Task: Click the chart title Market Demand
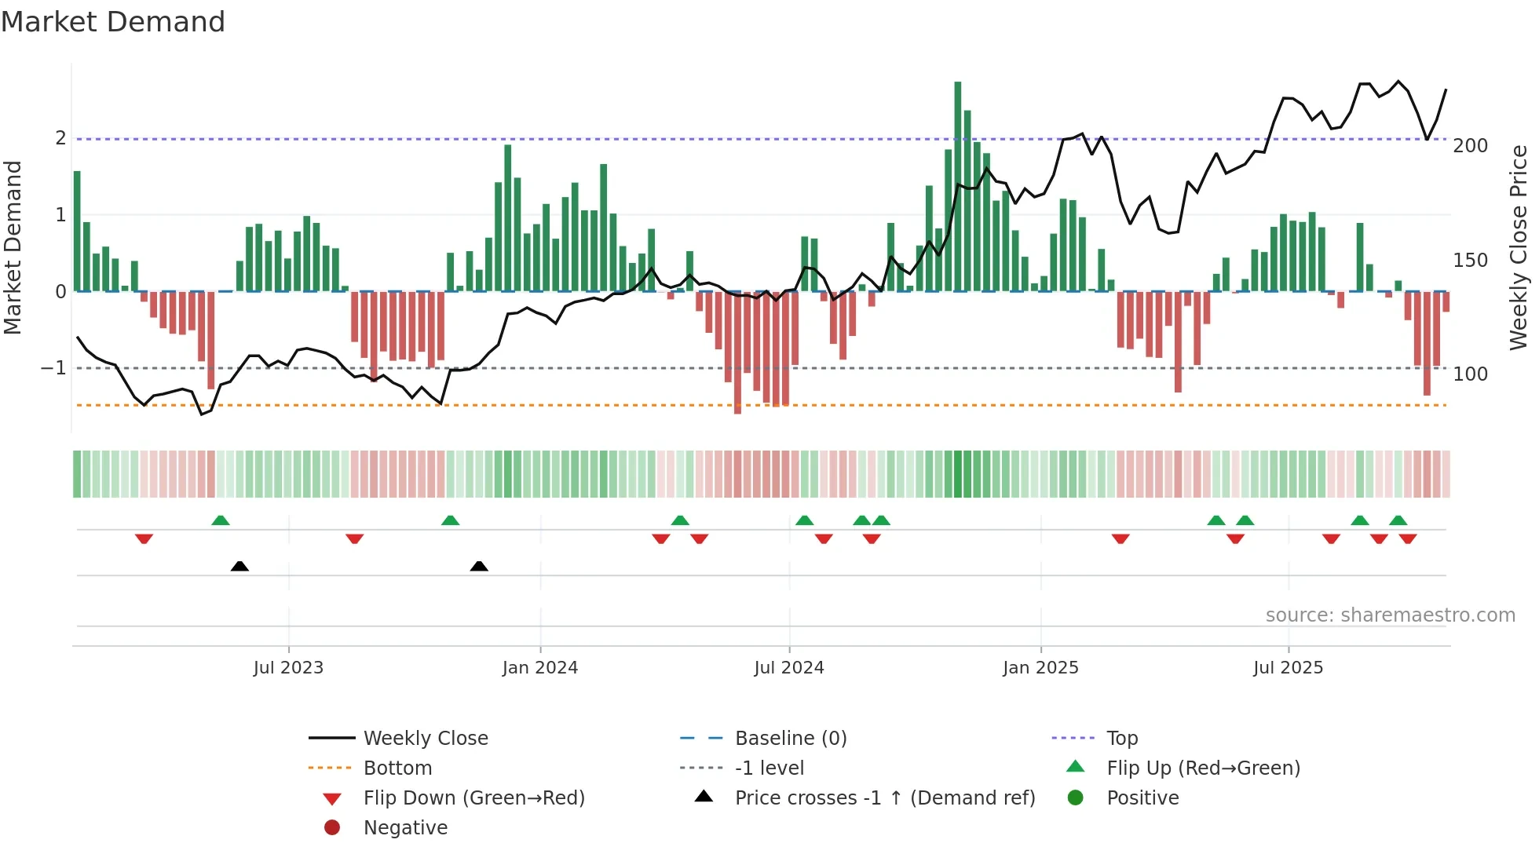(x=113, y=22)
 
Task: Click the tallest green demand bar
(x=957, y=186)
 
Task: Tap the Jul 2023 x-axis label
(x=288, y=668)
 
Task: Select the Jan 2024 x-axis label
(x=540, y=668)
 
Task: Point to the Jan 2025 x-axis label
(x=1040, y=668)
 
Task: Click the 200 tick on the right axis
(x=1470, y=146)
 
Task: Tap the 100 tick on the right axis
(x=1470, y=374)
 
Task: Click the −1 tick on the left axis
(x=53, y=368)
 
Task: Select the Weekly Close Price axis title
(x=1518, y=247)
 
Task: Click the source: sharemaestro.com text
(x=1390, y=615)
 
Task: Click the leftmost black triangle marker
(x=239, y=566)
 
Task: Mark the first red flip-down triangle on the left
(x=144, y=538)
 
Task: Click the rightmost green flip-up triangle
(x=1398, y=520)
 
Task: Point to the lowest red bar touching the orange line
(x=737, y=353)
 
